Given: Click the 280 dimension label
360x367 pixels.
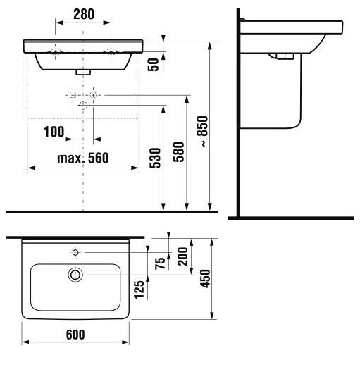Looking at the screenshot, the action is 84,14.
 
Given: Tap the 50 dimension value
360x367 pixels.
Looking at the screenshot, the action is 153,65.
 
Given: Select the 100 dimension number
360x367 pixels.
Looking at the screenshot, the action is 54,132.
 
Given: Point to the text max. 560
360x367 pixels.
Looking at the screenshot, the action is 83,158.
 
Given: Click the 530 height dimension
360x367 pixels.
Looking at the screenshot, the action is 155,158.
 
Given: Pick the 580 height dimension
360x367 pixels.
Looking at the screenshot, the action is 178,152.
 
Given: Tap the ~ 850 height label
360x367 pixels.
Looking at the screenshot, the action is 202,131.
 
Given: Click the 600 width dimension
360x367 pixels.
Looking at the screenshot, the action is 75,335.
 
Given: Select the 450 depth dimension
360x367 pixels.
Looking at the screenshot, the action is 205,278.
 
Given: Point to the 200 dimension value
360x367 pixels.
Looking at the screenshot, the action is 182,256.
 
